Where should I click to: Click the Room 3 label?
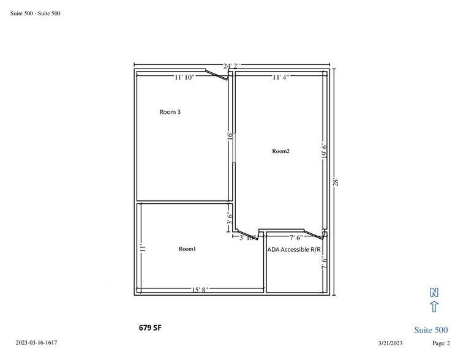coord(170,112)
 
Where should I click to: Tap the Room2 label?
coord(281,151)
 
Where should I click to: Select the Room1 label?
coord(187,249)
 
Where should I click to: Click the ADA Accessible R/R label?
coord(294,250)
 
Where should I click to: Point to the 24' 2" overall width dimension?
coord(231,66)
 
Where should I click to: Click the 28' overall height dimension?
coord(336,182)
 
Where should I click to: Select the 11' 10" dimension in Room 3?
coord(184,77)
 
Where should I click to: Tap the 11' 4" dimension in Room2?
coord(281,77)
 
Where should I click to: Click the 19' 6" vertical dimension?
coord(325,150)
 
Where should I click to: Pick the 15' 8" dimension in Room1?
coord(200,290)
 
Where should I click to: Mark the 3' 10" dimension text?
coord(248,238)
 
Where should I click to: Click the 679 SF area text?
coord(150,328)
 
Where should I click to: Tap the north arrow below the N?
coord(434,307)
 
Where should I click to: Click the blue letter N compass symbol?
coord(434,292)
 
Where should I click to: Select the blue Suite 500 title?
coord(431,330)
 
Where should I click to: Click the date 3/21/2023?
coord(390,343)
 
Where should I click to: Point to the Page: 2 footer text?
coord(441,343)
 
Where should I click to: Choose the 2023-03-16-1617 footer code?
coord(36,342)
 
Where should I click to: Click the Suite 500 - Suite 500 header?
coord(36,13)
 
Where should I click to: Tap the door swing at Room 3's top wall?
coord(217,75)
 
